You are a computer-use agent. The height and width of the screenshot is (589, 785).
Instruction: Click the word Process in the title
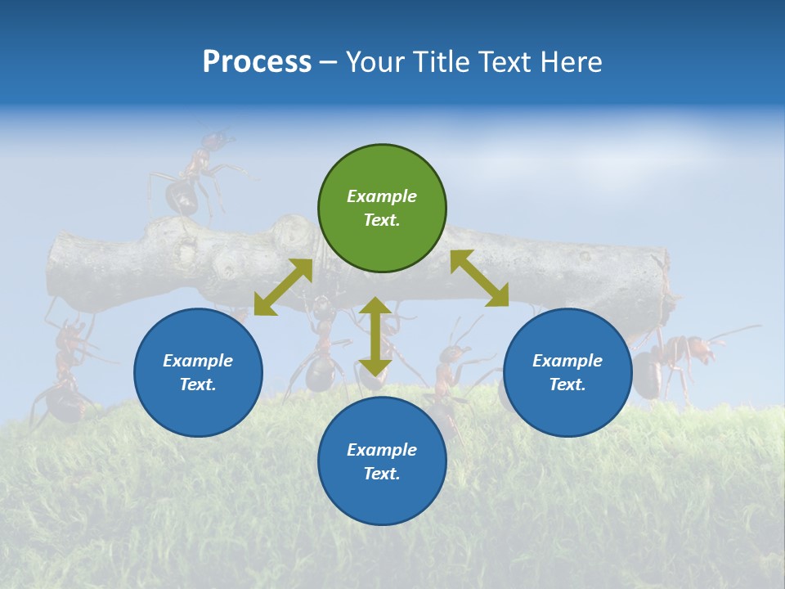pos(257,62)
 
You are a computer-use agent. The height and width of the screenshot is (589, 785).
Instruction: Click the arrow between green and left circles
pos(283,287)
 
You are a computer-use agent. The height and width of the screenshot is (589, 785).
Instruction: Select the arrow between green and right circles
pos(480,279)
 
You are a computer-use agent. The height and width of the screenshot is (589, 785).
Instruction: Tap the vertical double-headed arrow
pos(375,336)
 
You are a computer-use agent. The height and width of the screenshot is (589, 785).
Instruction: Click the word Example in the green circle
pos(382,196)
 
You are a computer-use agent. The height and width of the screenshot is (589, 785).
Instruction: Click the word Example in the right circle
pos(567,361)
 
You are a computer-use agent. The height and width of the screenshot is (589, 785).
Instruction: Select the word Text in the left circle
pos(197,384)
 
